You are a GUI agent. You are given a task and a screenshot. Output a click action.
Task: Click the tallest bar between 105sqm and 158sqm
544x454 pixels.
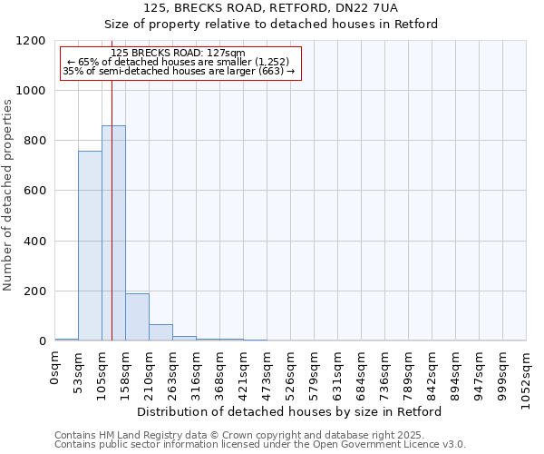[113, 233]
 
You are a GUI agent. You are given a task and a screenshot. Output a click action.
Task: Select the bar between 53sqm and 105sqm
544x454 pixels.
[90, 246]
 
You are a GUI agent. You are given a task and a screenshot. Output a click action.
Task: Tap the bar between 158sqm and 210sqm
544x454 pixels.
[137, 317]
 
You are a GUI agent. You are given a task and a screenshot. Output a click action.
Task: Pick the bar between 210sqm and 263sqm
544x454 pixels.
[160, 332]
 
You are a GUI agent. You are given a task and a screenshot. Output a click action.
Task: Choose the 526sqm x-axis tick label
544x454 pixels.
[291, 371]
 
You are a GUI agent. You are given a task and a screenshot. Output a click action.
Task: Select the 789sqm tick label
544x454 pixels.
[409, 371]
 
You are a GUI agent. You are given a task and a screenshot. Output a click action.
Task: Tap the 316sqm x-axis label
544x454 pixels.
[197, 371]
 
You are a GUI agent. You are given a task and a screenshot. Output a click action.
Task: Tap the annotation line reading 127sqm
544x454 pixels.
[178, 54]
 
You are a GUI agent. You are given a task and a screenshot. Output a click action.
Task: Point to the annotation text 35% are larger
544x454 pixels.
[178, 71]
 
